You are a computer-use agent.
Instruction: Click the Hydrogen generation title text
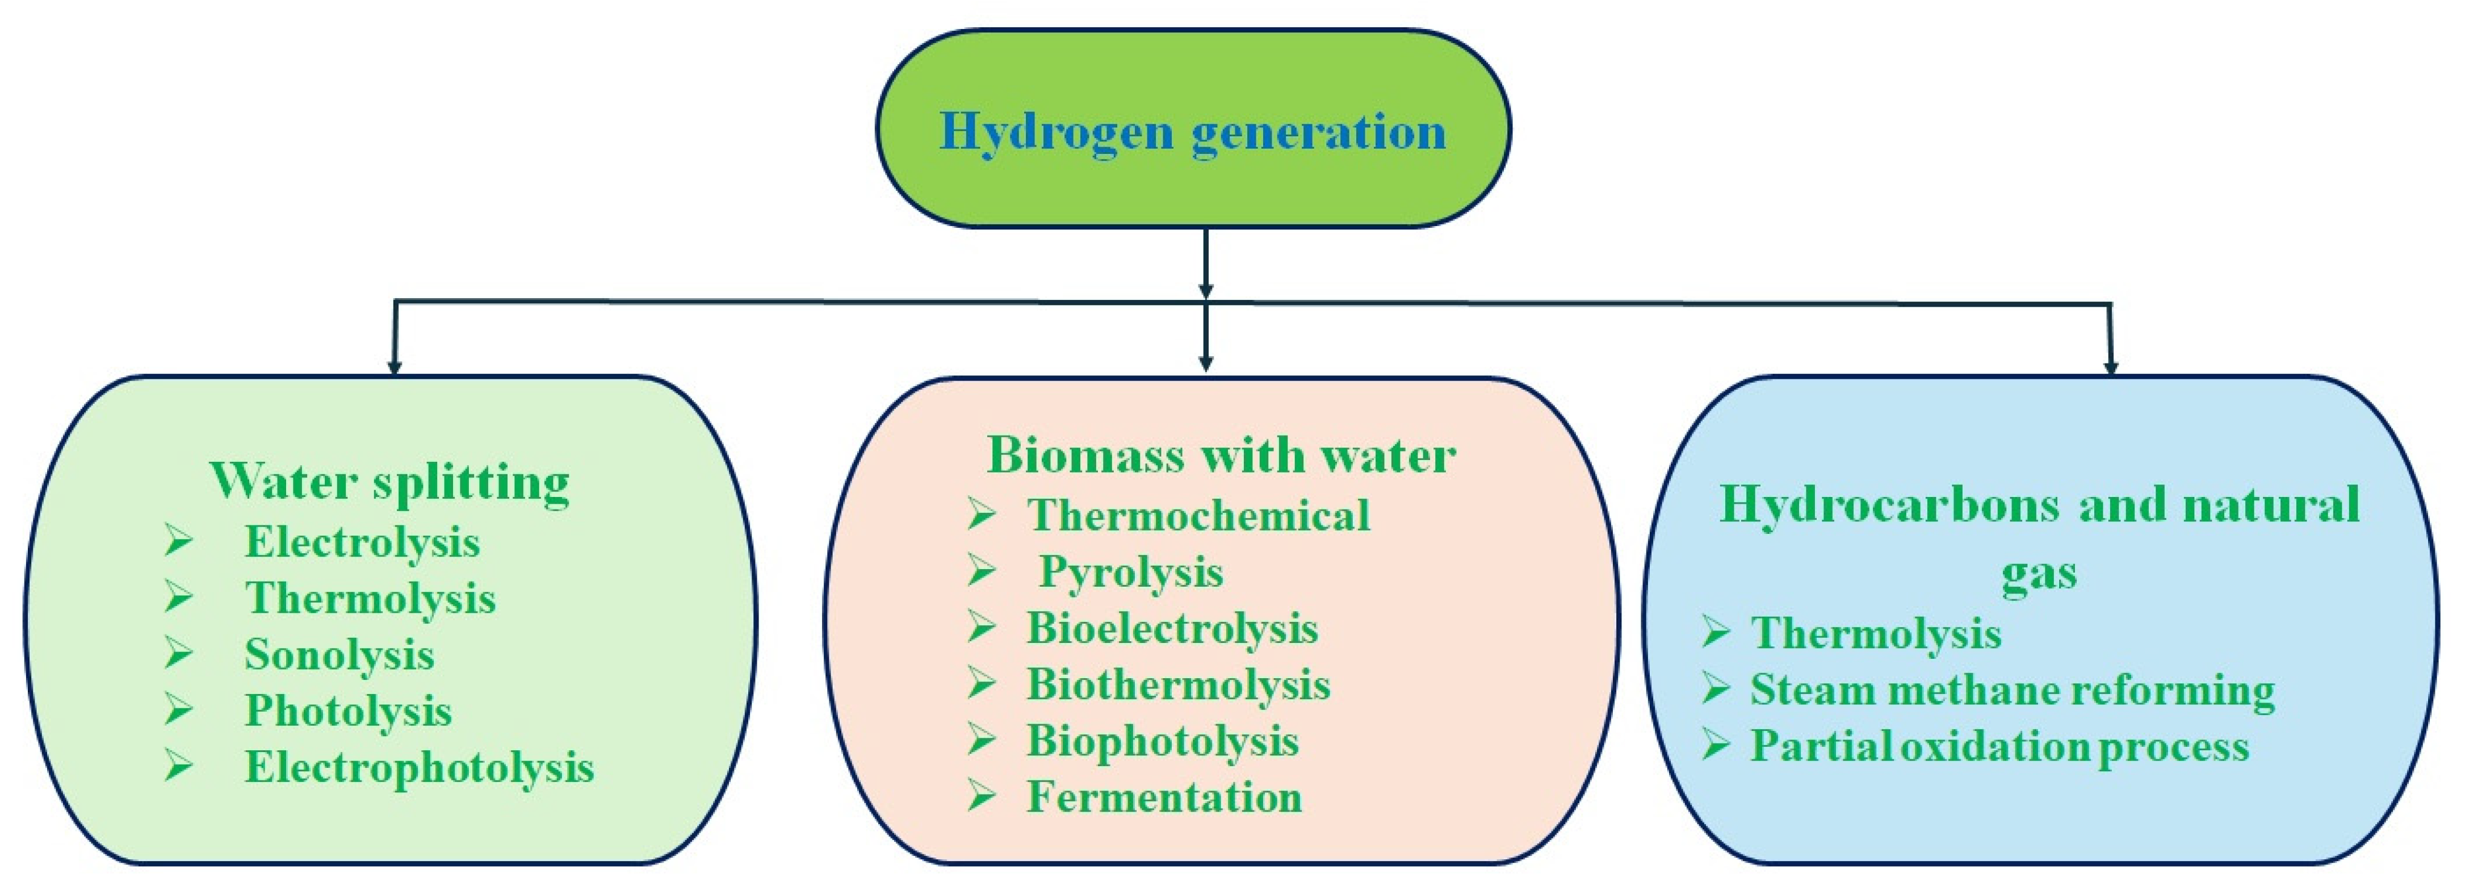pos(1192,131)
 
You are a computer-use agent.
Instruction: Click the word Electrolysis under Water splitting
pos(362,542)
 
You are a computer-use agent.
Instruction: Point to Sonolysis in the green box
pos(339,655)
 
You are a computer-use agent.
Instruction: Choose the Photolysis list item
pos(347,711)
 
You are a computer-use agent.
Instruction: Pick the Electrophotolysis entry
pos(419,767)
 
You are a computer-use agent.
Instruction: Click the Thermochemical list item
pos(1198,516)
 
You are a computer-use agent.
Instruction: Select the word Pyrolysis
pos(1131,573)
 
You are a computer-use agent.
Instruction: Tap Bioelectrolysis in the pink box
pos(1172,629)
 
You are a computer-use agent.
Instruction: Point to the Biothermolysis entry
pos(1178,685)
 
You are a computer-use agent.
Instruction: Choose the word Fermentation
pos(1164,798)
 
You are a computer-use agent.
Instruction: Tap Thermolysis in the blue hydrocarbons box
pos(1876,633)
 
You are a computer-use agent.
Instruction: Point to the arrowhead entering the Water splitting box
pos(393,366)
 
